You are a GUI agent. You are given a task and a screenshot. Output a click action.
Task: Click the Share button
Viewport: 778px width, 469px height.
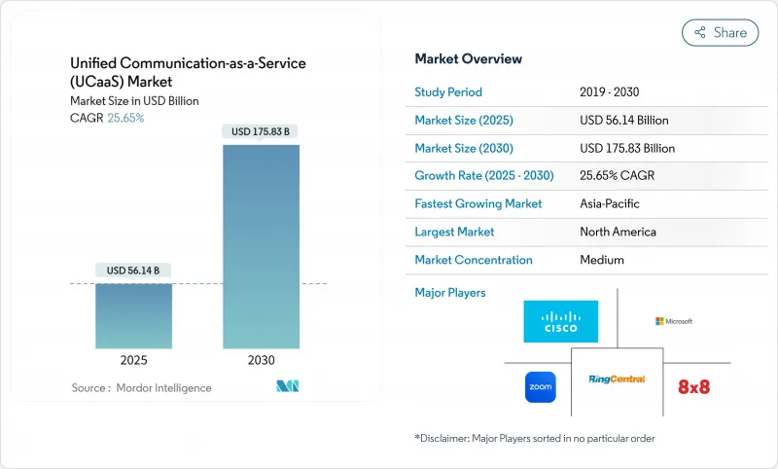pos(720,32)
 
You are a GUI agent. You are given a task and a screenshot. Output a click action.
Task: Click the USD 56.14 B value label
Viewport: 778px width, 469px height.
pos(133,270)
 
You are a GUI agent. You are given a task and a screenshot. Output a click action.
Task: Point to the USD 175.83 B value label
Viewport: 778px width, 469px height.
pos(261,131)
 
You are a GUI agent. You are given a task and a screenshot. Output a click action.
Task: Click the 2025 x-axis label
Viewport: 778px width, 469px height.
pos(133,360)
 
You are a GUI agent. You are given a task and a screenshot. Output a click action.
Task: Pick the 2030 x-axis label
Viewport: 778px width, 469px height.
pos(261,360)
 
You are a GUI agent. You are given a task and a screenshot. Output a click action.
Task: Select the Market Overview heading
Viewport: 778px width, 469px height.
pos(468,59)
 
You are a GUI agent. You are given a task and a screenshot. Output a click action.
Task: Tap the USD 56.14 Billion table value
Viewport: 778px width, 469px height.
pos(623,121)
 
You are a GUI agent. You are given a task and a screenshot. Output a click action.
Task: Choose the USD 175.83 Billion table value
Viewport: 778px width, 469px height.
pos(626,148)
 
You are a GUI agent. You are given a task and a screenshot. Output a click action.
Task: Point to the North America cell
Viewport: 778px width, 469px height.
pos(618,232)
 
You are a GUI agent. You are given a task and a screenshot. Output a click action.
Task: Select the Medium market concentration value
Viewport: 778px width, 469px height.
pos(602,260)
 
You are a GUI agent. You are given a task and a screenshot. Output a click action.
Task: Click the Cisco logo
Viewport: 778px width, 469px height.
pos(560,321)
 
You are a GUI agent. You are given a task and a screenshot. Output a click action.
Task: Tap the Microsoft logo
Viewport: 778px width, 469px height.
pos(674,321)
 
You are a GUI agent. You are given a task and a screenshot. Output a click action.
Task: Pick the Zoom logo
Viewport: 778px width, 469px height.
pos(540,386)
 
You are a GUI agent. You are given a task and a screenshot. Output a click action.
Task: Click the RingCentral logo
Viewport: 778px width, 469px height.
pos(617,379)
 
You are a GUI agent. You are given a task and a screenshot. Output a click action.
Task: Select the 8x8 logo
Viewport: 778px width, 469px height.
pos(694,386)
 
